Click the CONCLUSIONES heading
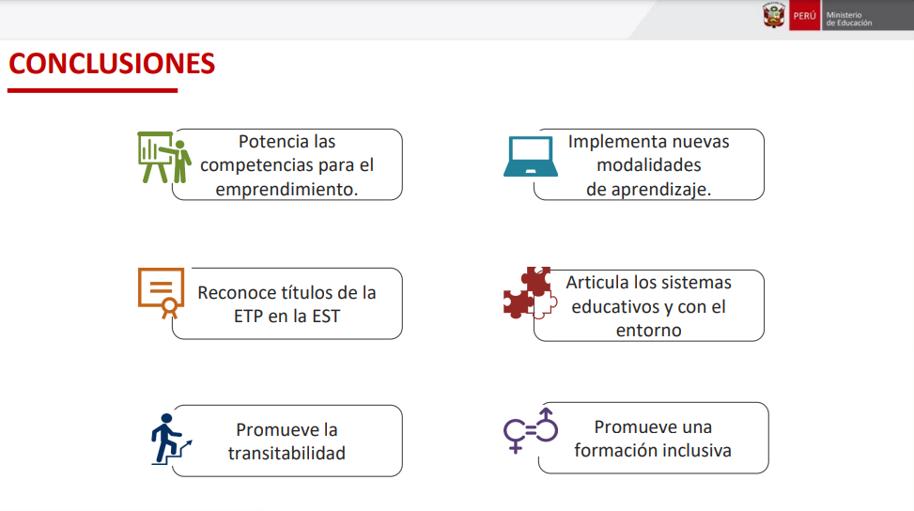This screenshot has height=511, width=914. [112, 64]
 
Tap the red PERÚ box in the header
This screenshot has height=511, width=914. [804, 16]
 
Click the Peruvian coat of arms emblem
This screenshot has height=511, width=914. [774, 15]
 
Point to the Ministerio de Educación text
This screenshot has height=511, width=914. [849, 19]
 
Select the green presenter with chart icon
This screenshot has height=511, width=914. [164, 157]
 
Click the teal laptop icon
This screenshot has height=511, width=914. [531, 156]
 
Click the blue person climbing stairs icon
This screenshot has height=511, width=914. [170, 439]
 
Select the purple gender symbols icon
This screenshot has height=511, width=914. [531, 430]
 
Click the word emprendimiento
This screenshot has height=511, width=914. [287, 190]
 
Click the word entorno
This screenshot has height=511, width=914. [649, 331]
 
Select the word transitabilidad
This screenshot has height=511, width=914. [287, 453]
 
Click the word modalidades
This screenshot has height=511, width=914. [649, 165]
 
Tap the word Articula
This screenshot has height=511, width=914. [596, 282]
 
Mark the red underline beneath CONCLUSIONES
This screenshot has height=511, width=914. [93, 90]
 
